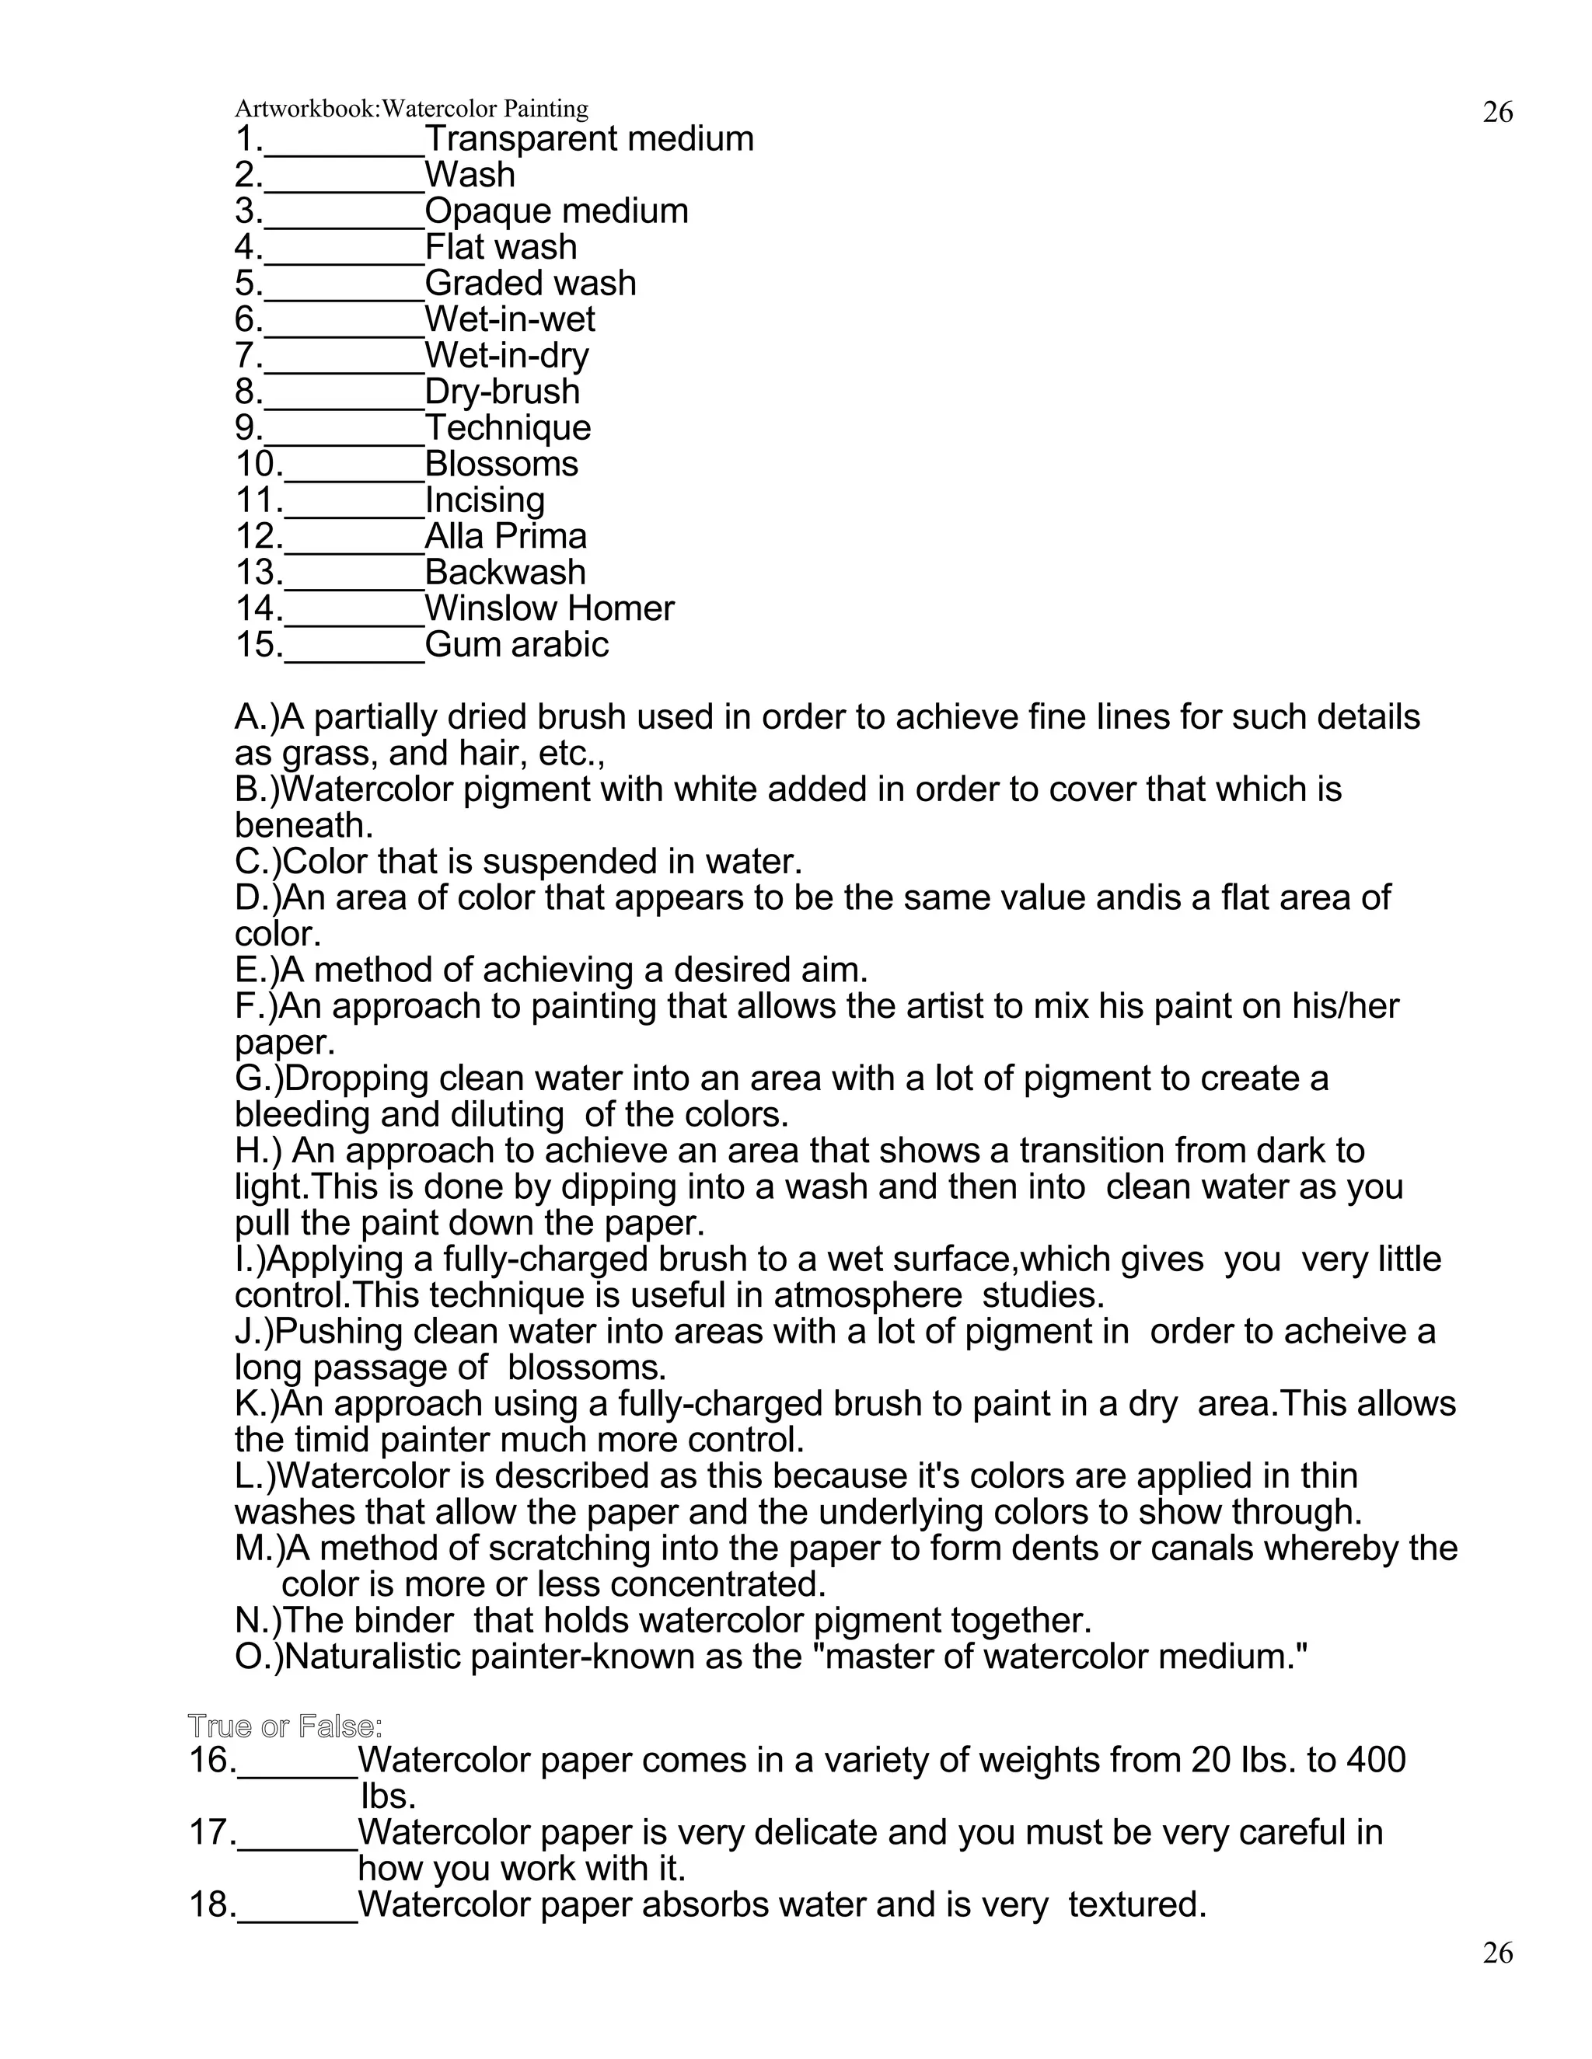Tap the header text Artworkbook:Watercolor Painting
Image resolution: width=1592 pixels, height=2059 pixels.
coord(411,110)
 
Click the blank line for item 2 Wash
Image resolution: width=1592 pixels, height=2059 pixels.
coord(344,181)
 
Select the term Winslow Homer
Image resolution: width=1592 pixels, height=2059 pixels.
coord(549,608)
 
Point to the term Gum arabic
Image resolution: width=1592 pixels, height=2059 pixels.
coord(516,645)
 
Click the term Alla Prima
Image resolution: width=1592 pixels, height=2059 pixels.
coord(505,536)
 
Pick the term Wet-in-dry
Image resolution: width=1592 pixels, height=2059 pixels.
coord(507,355)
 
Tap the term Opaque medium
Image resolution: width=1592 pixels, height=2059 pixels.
coord(557,211)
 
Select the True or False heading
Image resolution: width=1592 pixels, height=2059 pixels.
coord(285,1726)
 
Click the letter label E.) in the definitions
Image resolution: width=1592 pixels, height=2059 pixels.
coord(257,970)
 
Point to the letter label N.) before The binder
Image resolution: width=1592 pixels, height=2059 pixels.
coord(257,1621)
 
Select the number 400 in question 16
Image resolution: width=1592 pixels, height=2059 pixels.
coord(1375,1760)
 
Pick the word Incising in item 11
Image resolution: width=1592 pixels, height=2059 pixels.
coord(485,500)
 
